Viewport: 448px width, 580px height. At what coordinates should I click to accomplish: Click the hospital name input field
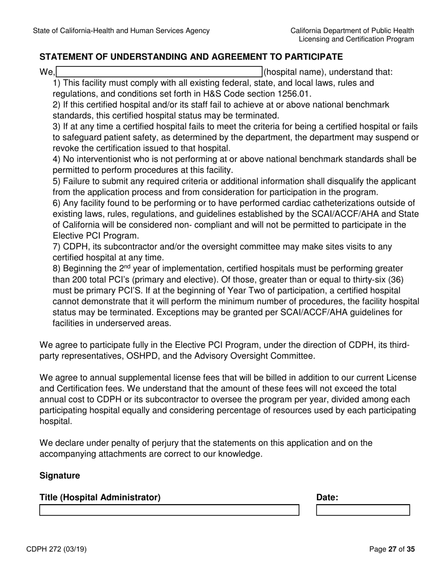tap(159, 72)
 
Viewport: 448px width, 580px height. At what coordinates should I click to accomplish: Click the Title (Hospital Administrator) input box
tap(169, 510)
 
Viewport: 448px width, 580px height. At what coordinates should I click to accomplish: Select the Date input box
tap(363, 510)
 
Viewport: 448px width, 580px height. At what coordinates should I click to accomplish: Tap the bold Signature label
tap(59, 476)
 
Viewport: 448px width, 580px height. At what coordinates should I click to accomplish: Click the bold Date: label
tap(327, 497)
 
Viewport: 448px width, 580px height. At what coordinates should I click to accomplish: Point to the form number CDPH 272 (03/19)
tap(59, 549)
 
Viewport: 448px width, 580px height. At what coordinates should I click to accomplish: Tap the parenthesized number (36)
tap(403, 279)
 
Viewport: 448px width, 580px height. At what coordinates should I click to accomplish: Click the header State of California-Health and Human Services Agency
tap(121, 31)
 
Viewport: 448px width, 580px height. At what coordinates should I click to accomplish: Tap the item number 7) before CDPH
tap(57, 247)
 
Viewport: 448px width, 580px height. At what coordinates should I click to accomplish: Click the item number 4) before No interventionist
tap(57, 159)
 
